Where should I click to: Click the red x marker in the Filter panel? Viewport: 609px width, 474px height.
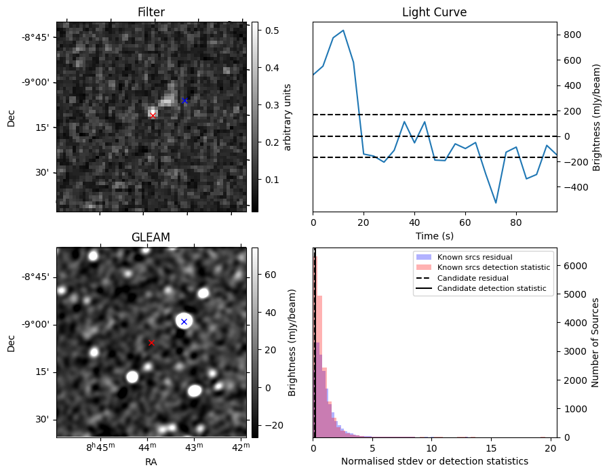pos(153,116)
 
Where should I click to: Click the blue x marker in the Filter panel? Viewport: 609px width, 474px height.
pos(184,100)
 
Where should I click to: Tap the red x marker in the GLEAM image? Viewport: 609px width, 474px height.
pos(151,343)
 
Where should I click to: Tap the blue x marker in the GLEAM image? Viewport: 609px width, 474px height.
pos(184,321)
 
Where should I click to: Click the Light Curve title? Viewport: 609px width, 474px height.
pos(434,12)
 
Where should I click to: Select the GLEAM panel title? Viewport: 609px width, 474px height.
pos(151,237)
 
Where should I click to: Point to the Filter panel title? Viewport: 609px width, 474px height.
pos(151,12)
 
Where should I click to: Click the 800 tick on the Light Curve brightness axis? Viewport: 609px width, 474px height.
pos(569,35)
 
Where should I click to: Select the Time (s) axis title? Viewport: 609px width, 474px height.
pos(434,235)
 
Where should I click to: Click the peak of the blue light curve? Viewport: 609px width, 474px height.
pos(343,31)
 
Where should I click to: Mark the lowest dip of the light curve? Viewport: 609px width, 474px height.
pos(496,203)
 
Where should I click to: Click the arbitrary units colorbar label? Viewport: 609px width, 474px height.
pos(288,117)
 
